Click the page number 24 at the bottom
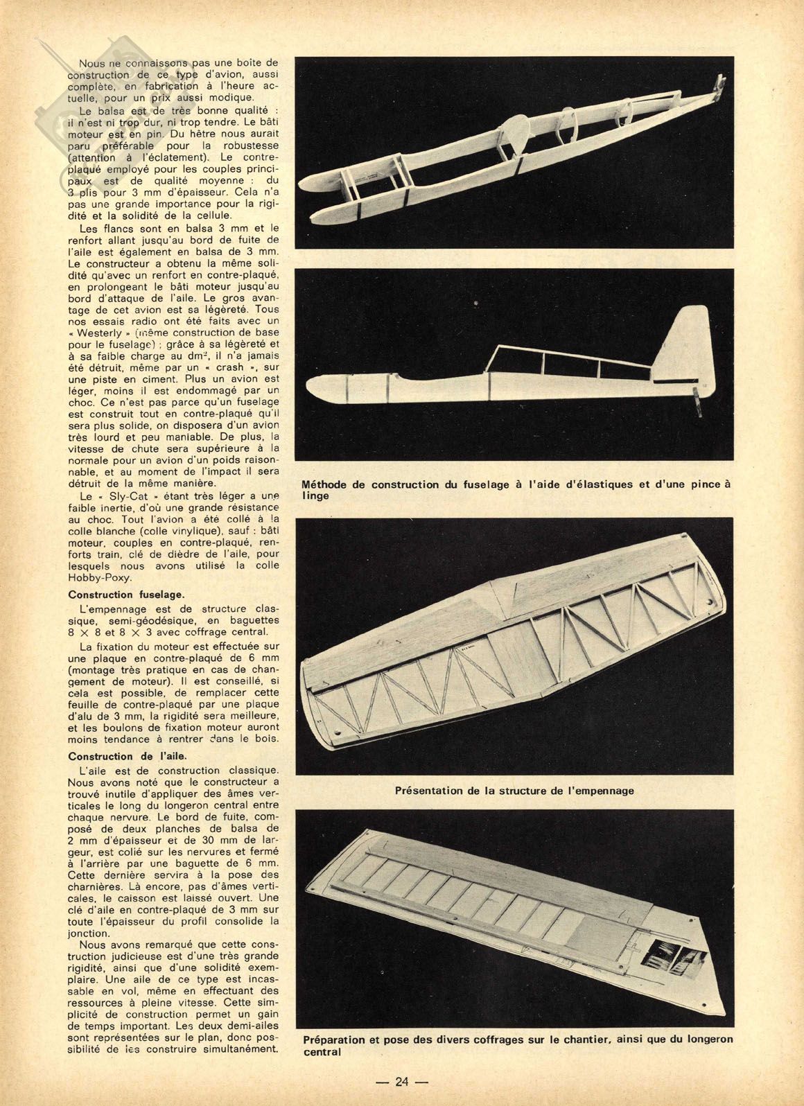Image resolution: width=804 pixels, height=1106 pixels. (403, 1081)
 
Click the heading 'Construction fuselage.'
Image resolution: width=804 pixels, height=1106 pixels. (125, 594)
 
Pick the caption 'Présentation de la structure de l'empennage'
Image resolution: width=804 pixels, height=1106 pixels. (514, 790)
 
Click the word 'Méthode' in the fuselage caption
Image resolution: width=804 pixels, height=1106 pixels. (329, 484)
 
